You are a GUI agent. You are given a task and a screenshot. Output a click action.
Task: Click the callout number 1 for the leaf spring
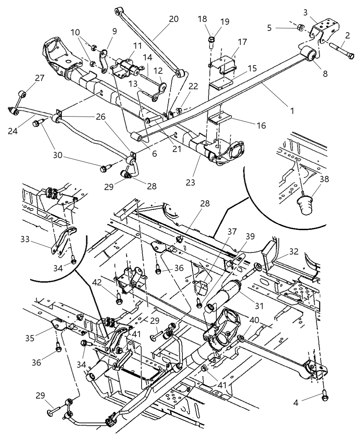coord(292,111)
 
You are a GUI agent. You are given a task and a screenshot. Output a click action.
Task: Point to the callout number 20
coord(174,19)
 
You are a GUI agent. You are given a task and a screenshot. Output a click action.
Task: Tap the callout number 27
coord(40,78)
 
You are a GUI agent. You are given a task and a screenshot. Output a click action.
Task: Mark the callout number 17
coord(242,43)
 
